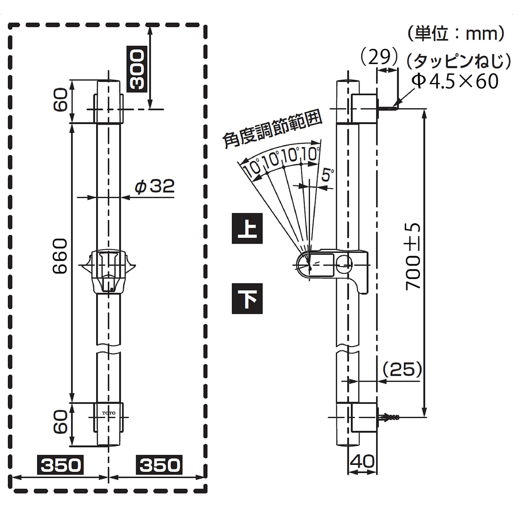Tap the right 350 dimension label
pyautogui.click(x=159, y=465)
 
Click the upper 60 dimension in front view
pyautogui.click(x=60, y=101)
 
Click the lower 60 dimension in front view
pyautogui.click(x=60, y=423)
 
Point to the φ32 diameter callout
pyautogui.click(x=154, y=186)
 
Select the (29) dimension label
pyautogui.click(x=378, y=57)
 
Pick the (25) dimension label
pyautogui.click(x=401, y=370)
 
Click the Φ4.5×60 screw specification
pyautogui.click(x=454, y=81)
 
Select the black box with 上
pyautogui.click(x=248, y=228)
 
